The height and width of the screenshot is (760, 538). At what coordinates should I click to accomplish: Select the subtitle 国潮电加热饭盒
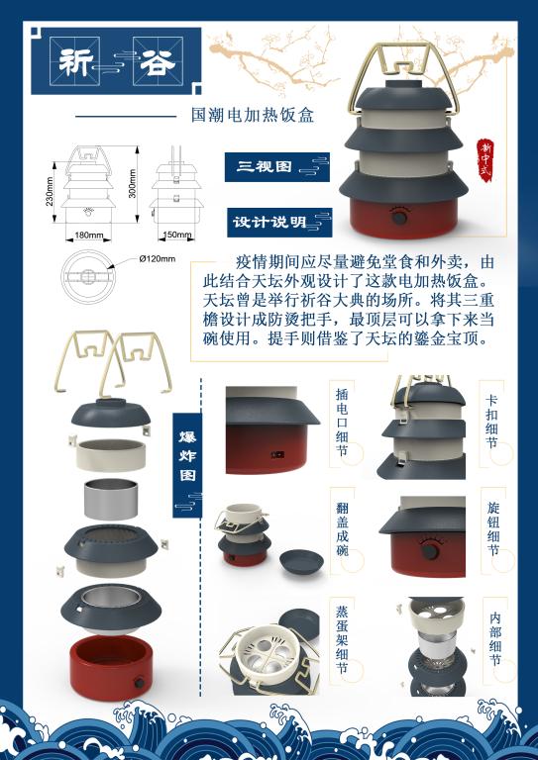coord(252,116)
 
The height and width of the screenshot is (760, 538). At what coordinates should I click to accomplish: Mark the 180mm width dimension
coord(88,236)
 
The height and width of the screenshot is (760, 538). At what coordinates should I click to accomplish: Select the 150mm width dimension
coord(177,236)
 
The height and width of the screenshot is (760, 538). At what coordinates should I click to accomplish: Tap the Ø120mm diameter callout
coord(157,258)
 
